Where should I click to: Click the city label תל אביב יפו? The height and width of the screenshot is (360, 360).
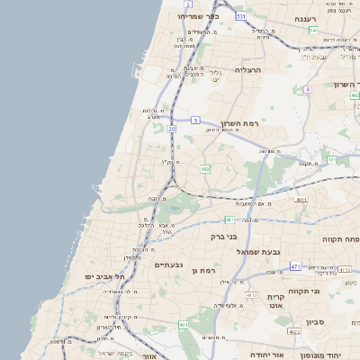click(x=104, y=276)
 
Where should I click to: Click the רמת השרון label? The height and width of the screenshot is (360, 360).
click(x=239, y=122)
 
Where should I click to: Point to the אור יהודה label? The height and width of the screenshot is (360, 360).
click(x=265, y=355)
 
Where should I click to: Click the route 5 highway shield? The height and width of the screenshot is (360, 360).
click(x=195, y=119)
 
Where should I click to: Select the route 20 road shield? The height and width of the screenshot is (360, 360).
click(x=171, y=129)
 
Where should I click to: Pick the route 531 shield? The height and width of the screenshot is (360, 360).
click(x=240, y=16)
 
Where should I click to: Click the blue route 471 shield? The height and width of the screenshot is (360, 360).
click(x=294, y=266)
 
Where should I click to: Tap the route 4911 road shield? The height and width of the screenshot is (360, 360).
click(x=301, y=200)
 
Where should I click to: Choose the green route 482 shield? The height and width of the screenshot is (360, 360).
click(x=206, y=168)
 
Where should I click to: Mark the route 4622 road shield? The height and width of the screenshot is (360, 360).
click(x=294, y=332)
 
